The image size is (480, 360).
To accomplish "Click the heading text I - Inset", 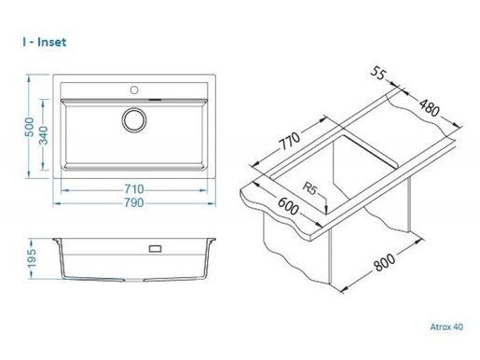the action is point(45,42).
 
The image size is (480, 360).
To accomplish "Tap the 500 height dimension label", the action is point(30,127).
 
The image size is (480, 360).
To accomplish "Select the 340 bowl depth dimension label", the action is point(44,135).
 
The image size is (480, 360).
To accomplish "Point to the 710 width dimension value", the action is point(134,188).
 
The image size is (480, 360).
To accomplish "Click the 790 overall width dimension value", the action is point(134,202).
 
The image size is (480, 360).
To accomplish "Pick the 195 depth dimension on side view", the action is point(33,258).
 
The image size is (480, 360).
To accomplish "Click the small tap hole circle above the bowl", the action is point(134,90).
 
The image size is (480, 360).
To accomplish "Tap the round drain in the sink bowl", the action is point(134,119).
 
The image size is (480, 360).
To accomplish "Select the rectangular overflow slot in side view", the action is point(155,249).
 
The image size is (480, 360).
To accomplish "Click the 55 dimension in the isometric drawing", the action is point(378,74).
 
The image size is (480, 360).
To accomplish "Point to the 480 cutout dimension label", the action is point(430,107).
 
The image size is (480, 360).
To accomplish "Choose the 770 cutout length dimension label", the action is point(290,141).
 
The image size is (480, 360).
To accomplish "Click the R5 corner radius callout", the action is point(309,188).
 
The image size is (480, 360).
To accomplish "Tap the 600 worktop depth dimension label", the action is point(288,206).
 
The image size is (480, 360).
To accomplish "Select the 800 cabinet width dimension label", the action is point(384,262).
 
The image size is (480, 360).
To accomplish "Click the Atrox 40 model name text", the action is point(446,326).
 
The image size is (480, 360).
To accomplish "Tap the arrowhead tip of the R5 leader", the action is point(326,214).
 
